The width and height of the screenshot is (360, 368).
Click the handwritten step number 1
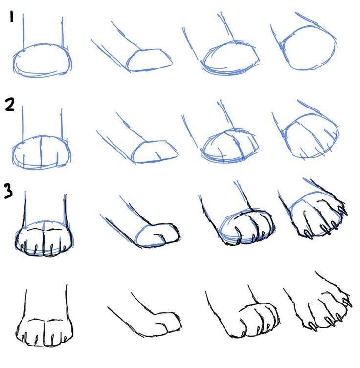coord(11,17)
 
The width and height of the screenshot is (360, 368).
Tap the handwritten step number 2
coord(10,105)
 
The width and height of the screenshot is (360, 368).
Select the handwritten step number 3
coord(8,191)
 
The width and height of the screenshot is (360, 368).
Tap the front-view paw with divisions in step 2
coord(42,152)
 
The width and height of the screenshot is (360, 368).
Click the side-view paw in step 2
coord(155,152)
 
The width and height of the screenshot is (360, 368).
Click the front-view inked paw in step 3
coord(44,238)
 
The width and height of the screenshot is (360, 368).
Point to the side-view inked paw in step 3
coord(158,235)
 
